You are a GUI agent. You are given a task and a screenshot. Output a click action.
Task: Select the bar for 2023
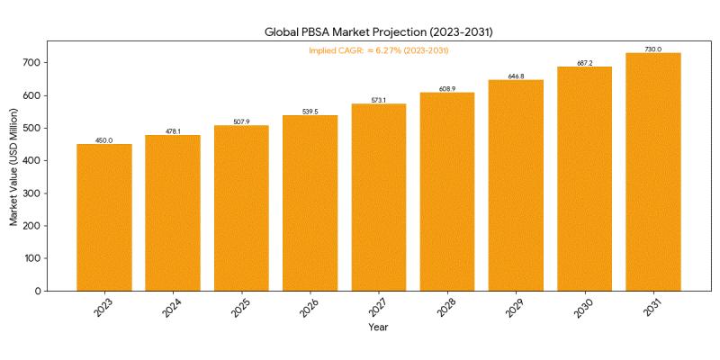tap(104, 217)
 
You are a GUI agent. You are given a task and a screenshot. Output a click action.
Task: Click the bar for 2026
tap(310, 202)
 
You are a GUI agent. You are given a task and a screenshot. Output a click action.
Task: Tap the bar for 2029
tap(516, 184)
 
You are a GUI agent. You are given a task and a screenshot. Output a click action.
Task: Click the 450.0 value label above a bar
tap(104, 140)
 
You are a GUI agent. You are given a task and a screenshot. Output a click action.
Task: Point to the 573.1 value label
tap(378, 100)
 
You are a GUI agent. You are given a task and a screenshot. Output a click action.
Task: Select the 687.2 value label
tap(585, 63)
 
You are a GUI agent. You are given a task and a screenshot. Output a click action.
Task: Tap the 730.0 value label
tap(653, 49)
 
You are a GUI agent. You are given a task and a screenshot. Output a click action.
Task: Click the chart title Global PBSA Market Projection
tap(378, 32)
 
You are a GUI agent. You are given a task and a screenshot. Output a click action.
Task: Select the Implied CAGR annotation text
tap(378, 50)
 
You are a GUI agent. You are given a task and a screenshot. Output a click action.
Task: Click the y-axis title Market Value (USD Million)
tap(13, 166)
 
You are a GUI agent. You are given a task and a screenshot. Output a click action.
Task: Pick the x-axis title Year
tap(378, 328)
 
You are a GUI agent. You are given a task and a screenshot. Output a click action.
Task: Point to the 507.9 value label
tap(241, 121)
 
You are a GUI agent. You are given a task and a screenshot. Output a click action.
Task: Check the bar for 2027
tap(378, 197)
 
